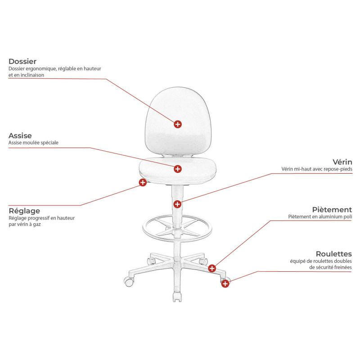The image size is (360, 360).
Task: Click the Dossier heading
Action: point(22,61)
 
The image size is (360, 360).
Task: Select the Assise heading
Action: point(20,135)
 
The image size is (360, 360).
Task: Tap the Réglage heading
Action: point(24,211)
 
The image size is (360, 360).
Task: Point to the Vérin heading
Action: point(342,162)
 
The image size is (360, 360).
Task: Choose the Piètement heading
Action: point(332,210)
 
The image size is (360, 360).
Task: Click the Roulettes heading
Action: point(333,254)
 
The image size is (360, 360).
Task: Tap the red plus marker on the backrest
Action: point(178,124)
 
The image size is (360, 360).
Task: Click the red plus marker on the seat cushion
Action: point(178,169)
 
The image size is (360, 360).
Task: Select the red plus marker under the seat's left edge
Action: point(143,182)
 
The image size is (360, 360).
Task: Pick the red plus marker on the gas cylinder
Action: point(178,204)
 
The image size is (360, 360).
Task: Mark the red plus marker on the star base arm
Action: point(212,268)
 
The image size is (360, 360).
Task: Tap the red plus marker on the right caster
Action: point(225,283)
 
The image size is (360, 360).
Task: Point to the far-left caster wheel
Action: point(128,283)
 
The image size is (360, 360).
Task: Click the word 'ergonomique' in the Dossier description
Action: point(40,69)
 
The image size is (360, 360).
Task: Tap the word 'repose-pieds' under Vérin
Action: point(338,170)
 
